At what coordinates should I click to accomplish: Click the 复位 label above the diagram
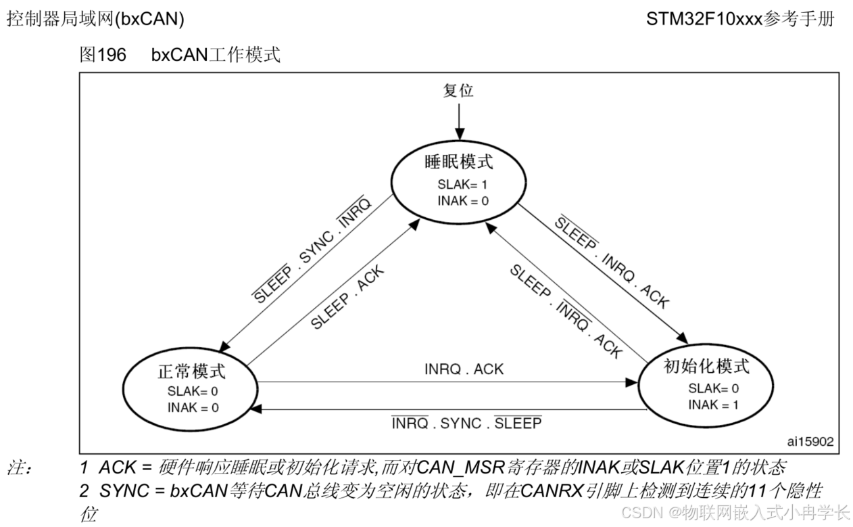point(458,91)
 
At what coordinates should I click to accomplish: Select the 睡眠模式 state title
point(459,162)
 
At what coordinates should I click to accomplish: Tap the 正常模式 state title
point(191,371)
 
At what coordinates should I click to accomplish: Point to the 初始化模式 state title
point(707,367)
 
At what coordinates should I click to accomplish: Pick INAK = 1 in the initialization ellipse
point(713,405)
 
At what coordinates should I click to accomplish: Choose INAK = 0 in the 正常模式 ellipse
point(193,408)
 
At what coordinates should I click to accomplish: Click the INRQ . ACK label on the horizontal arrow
point(464,369)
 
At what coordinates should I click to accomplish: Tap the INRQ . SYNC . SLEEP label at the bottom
point(466,423)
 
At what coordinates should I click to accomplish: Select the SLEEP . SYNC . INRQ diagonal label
point(312,251)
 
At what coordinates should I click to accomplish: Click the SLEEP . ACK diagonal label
point(347,298)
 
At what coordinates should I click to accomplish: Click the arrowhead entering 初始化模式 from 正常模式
point(632,382)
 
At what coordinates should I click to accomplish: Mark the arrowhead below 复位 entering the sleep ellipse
point(458,135)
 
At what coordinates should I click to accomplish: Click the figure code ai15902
point(810,441)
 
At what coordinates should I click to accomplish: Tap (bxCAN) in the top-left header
point(149,20)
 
